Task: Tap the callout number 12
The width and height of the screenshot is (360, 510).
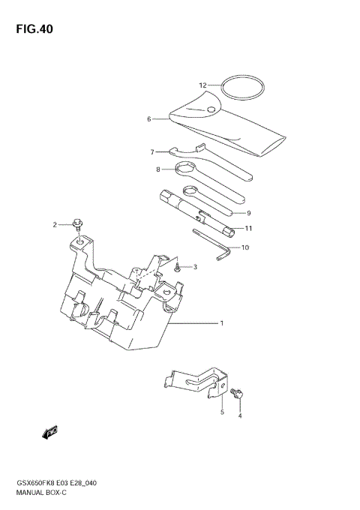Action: pyautogui.click(x=202, y=85)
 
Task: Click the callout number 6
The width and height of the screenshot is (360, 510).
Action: pyautogui.click(x=149, y=118)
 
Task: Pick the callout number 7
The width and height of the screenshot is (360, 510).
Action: pyautogui.click(x=151, y=151)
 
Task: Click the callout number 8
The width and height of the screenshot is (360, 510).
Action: pyautogui.click(x=158, y=169)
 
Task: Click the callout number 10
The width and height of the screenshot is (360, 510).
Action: pyautogui.click(x=244, y=247)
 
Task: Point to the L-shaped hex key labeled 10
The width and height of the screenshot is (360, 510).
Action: pyautogui.click(x=213, y=244)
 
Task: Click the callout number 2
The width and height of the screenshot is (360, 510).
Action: pyautogui.click(x=55, y=224)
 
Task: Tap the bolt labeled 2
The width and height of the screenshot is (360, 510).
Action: pyautogui.click(x=77, y=223)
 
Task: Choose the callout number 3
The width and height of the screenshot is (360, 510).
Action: pyautogui.click(x=194, y=267)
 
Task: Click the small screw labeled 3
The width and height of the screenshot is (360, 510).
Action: pyautogui.click(x=177, y=266)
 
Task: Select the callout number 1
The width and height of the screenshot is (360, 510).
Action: pyautogui.click(x=222, y=323)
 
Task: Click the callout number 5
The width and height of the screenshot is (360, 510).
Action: pyautogui.click(x=222, y=412)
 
